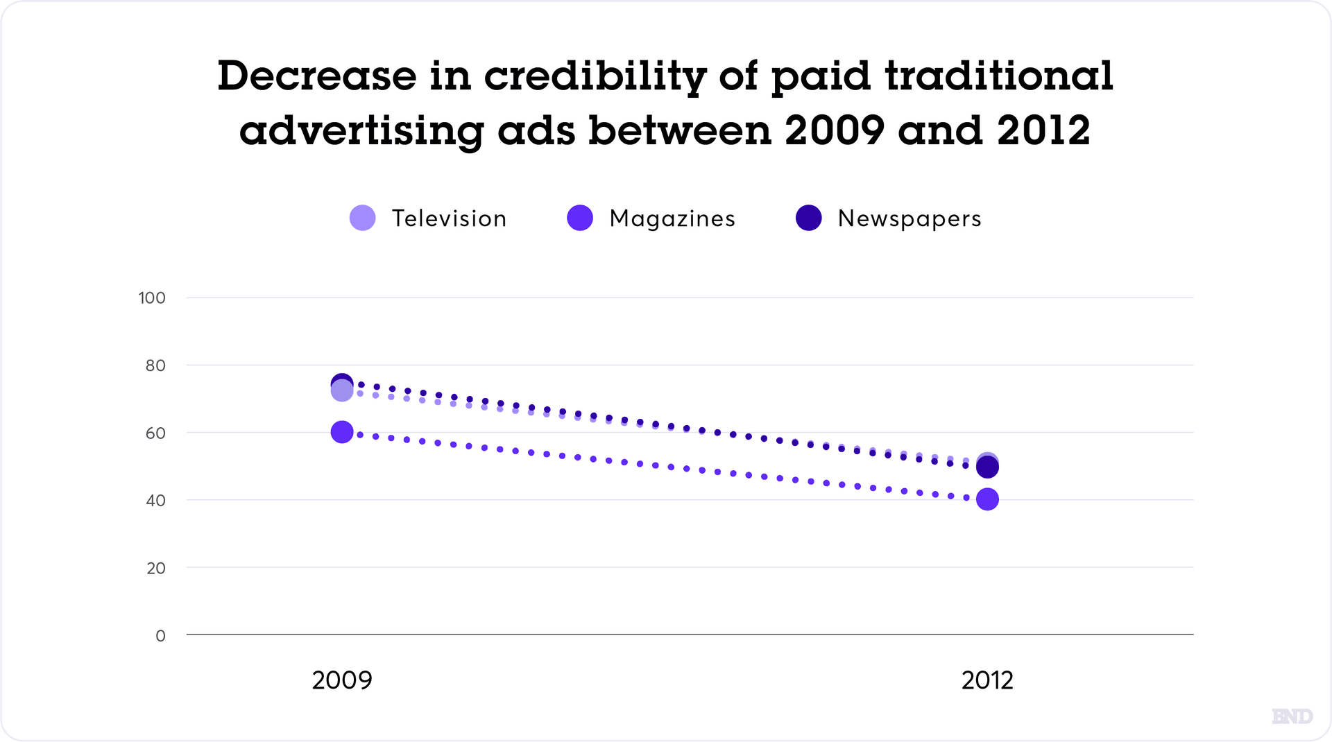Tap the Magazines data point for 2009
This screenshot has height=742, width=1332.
click(342, 432)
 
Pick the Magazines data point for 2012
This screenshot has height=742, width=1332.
click(987, 499)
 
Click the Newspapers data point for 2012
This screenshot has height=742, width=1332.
click(987, 469)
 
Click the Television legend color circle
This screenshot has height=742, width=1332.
click(363, 218)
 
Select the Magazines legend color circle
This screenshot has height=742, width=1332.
click(580, 218)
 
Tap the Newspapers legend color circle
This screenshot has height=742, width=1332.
click(809, 218)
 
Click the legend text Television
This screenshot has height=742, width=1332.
click(450, 218)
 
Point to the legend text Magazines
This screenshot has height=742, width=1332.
click(672, 218)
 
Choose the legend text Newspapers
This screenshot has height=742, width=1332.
click(910, 218)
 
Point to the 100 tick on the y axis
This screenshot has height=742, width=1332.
click(152, 298)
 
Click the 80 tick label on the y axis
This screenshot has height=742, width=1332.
click(155, 365)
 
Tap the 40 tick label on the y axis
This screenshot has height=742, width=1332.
click(155, 500)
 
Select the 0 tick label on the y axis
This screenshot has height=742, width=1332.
click(160, 635)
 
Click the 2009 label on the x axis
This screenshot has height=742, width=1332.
click(342, 680)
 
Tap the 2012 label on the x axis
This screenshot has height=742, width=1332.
click(987, 680)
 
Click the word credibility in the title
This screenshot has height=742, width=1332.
click(595, 76)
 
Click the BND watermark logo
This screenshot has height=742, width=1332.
click(1292, 716)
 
